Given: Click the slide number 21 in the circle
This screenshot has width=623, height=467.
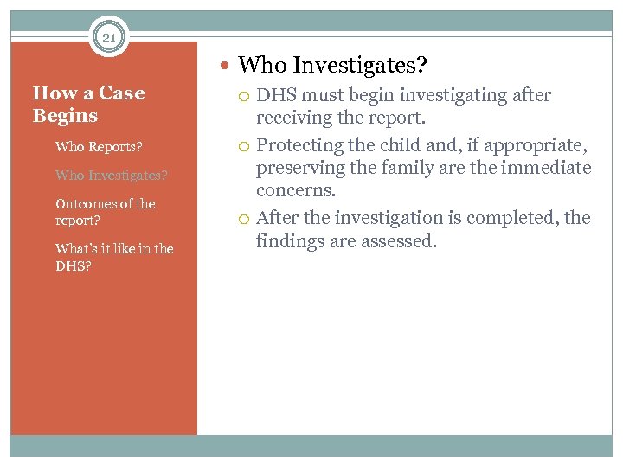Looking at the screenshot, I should [108, 37].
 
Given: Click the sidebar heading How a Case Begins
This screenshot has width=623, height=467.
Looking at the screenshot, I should [88, 104].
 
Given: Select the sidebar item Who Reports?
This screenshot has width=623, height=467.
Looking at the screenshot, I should [99, 146].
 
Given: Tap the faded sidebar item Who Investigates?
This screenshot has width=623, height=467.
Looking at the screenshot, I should [111, 175].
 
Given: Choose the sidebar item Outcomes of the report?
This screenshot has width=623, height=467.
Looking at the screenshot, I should [105, 212].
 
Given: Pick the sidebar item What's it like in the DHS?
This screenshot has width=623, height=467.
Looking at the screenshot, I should [113, 257].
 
